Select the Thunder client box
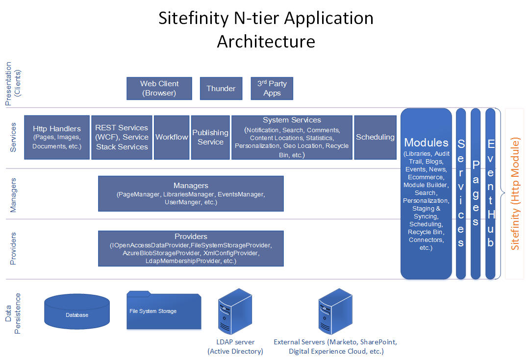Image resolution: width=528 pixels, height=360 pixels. coord(221,88)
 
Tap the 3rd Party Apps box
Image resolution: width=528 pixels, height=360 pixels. coord(272,88)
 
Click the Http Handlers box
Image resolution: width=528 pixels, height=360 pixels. coord(56,137)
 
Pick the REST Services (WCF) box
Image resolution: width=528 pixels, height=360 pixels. coord(122,137)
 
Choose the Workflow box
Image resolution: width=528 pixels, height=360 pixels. coord(172,137)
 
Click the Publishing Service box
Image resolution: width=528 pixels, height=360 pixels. coord(210,137)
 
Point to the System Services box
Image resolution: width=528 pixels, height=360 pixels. coord(292,137)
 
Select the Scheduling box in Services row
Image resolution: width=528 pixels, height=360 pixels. coord(375,137)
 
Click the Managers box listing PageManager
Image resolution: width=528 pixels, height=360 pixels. coord(191,193)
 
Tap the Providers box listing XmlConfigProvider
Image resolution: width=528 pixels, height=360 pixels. coord(191,248)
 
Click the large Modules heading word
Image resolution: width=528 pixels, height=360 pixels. coord(426,143)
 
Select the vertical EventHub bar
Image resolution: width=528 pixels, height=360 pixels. coord(490,193)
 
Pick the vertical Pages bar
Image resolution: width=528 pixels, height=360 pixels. coord(476,193)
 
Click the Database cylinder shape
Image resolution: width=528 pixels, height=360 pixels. coord(76,312)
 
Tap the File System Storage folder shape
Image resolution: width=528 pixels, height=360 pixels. coord(164,311)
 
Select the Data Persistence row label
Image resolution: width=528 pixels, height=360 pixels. coord(14,313)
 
